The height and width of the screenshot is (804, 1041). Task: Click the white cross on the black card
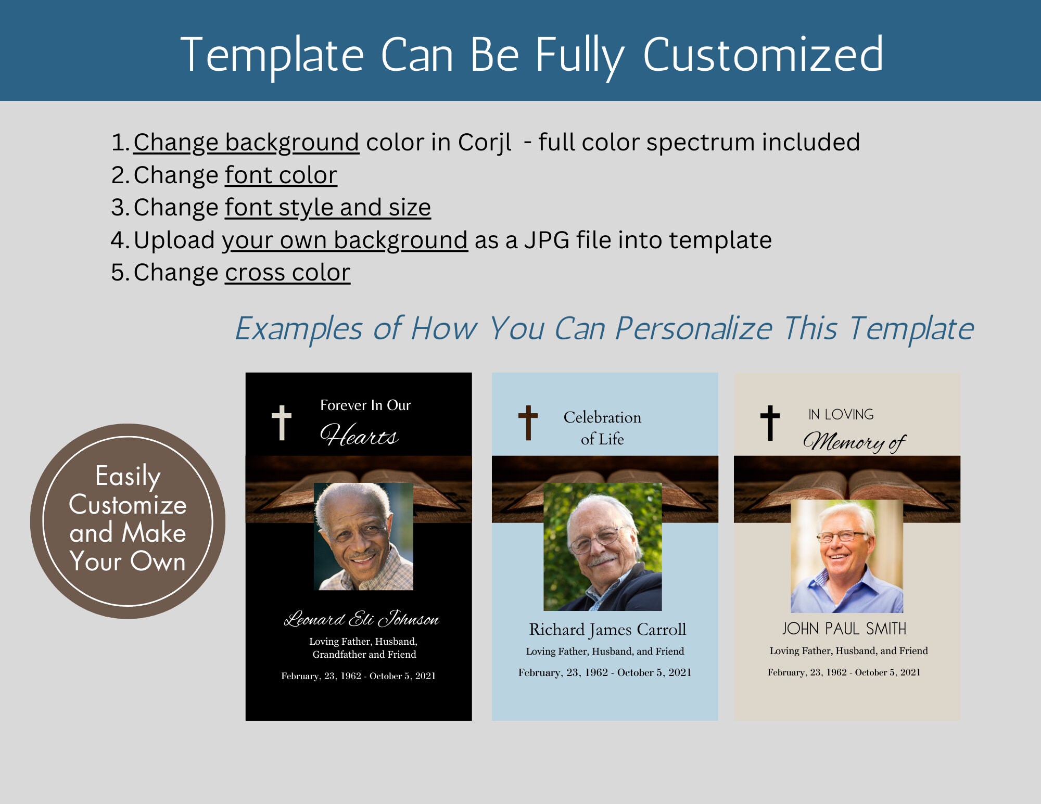click(282, 422)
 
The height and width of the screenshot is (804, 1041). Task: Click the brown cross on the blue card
click(528, 422)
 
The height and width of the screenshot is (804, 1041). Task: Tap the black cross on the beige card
click(770, 422)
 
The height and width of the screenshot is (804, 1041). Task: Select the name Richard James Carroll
click(607, 630)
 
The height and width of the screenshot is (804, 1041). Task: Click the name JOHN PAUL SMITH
click(844, 629)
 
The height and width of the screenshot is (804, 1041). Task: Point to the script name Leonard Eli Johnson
click(361, 619)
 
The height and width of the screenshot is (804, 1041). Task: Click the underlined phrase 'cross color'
click(287, 272)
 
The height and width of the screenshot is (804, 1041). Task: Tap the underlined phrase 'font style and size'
click(328, 207)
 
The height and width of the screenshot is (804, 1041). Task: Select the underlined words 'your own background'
click(345, 240)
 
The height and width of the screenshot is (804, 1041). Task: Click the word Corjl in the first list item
click(484, 143)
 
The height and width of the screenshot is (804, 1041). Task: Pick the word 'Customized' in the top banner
click(763, 55)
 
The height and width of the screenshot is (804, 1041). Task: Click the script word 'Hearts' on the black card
click(359, 436)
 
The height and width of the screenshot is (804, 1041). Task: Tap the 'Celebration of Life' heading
click(602, 428)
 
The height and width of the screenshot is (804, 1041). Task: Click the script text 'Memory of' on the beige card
click(854, 442)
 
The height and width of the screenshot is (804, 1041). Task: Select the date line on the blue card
click(605, 672)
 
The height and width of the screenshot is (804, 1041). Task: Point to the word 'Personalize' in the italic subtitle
click(693, 329)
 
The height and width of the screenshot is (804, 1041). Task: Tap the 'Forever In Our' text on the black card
click(365, 405)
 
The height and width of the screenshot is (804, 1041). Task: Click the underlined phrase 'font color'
click(281, 175)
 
